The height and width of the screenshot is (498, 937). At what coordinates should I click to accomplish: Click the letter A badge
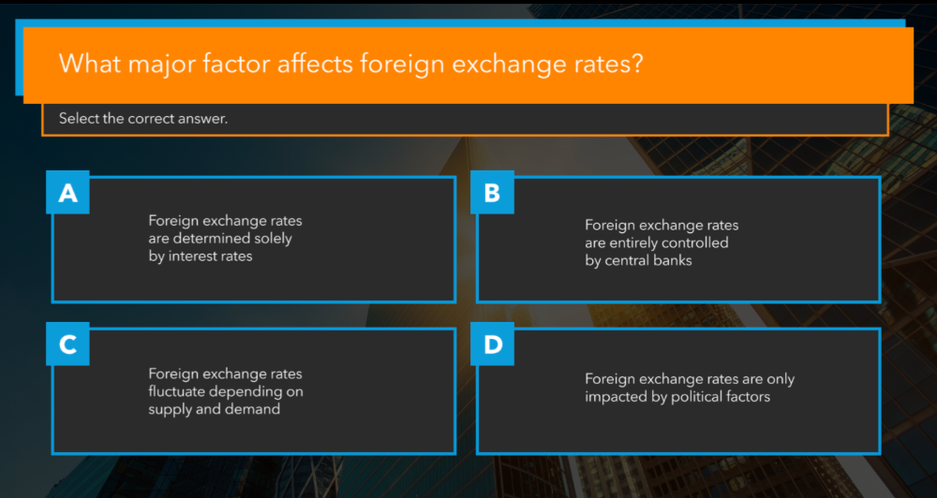tap(67, 193)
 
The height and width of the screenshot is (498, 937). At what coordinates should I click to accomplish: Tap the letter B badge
tap(492, 193)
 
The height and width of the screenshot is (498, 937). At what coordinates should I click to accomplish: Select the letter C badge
tap(67, 344)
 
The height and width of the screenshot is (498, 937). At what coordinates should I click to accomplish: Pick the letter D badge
tap(492, 344)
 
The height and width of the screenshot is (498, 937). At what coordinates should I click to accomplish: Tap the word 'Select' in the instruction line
tap(78, 119)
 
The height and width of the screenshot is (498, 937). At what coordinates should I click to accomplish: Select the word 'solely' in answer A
tap(269, 239)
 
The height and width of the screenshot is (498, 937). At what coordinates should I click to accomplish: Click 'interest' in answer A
tap(194, 256)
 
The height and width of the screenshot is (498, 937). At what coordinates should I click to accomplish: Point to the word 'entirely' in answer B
tap(638, 242)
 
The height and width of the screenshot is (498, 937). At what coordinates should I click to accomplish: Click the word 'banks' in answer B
tap(674, 260)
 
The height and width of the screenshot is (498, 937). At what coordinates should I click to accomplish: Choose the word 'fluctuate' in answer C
tap(178, 391)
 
